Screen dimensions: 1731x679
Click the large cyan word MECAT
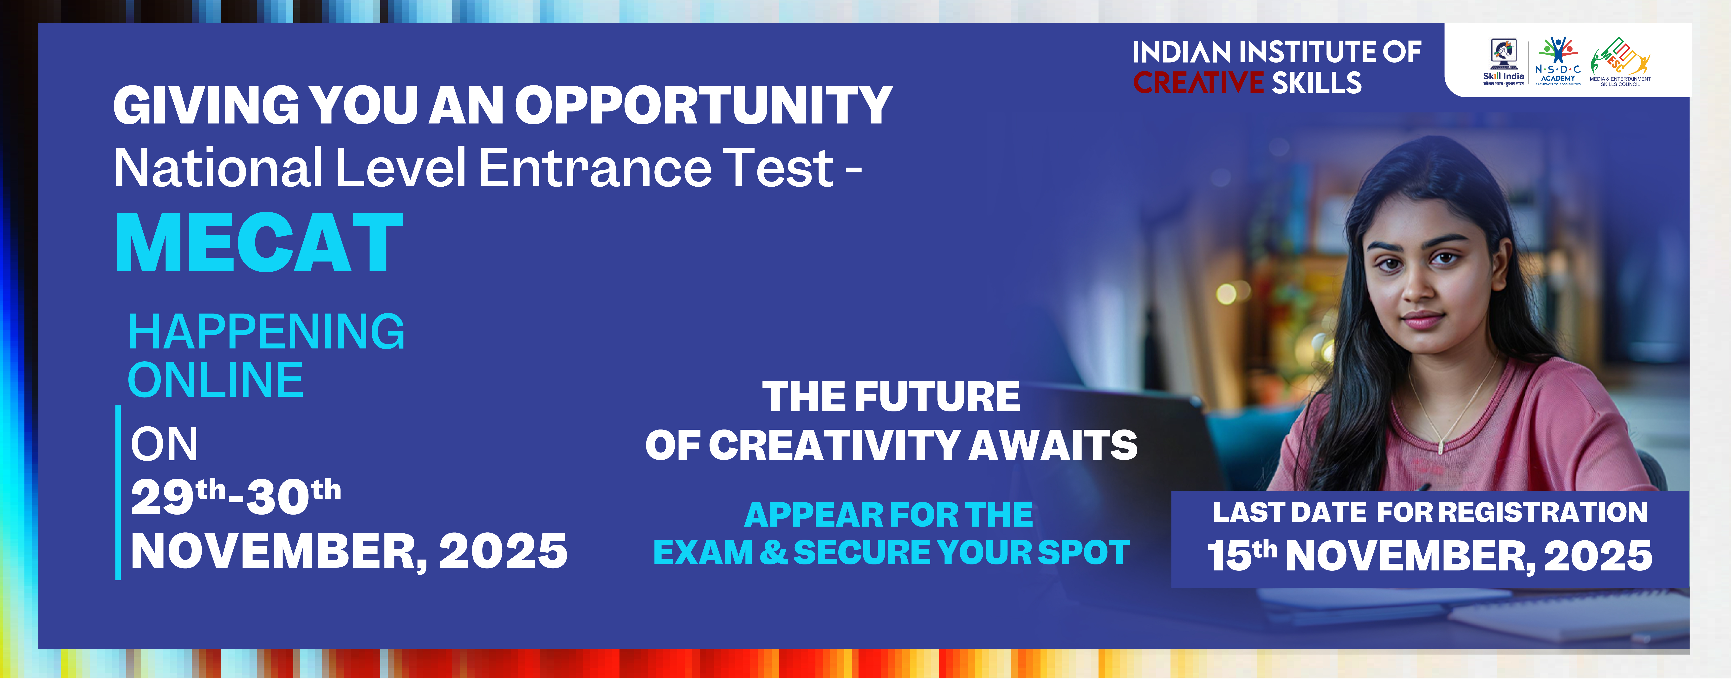point(259,242)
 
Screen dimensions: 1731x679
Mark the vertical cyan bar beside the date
point(118,493)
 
